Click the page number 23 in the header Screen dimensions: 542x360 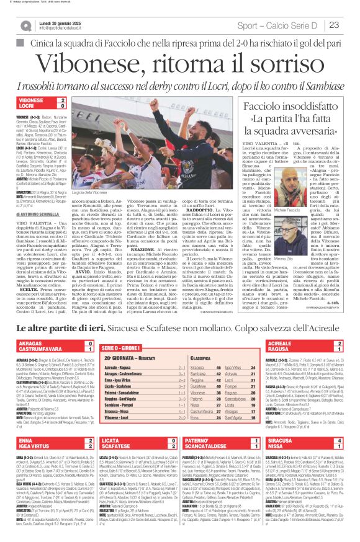point(351,24)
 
